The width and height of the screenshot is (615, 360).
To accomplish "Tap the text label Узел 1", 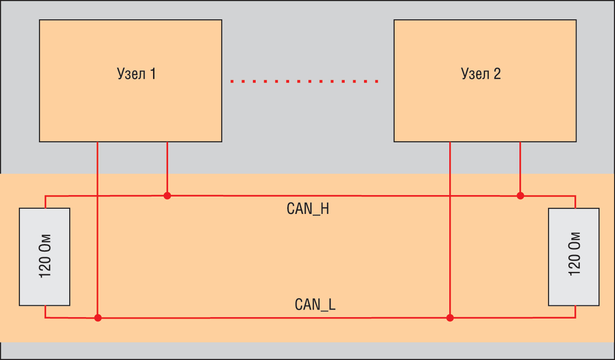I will pos(136,74).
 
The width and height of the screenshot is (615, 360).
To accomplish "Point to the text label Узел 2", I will pos(481,74).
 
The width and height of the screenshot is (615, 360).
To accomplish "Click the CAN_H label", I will pos(307,209).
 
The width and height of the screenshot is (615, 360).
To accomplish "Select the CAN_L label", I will pos(315,304).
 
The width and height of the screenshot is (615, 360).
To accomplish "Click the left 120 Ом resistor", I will pos(44,257).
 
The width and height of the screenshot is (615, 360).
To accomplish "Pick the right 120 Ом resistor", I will pos(574,257).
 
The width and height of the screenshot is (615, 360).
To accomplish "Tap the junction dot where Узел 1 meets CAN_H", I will pos(167,196).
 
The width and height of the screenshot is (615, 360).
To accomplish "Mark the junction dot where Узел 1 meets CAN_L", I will pos(97,318).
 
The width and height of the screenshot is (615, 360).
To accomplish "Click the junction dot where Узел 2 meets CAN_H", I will pos(520,196).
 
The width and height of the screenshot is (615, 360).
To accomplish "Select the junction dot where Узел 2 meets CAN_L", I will pos(450,318).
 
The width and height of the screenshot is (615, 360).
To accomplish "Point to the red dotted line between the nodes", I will pos(304,82).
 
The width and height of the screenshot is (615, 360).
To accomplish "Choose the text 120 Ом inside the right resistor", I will pos(575,257).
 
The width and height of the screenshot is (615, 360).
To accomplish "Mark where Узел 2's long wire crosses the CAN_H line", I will pos(450,196).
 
